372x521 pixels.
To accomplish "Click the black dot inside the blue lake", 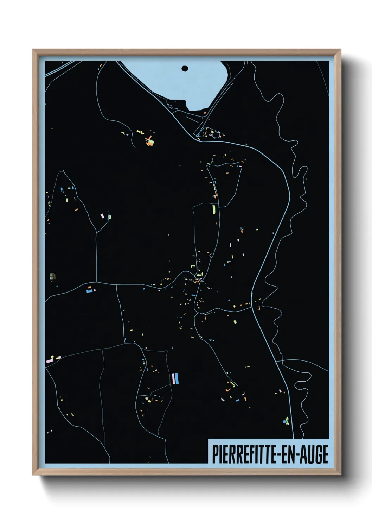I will (x=185, y=69).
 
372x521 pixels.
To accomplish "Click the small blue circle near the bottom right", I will (x=284, y=421).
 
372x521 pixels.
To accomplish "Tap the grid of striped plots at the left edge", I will (x=52, y=276).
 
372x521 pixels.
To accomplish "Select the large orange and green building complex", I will (x=150, y=141).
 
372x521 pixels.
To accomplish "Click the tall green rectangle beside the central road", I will (x=213, y=209).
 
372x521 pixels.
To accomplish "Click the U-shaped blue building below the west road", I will (x=90, y=290).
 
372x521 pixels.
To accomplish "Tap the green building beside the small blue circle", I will (x=288, y=420).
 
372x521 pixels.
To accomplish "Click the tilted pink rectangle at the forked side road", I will (x=102, y=215).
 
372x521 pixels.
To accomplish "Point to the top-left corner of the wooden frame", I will (x=33, y=50).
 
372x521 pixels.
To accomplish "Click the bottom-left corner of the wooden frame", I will (x=33, y=474).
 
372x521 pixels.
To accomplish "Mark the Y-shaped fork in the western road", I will (x=96, y=232).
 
